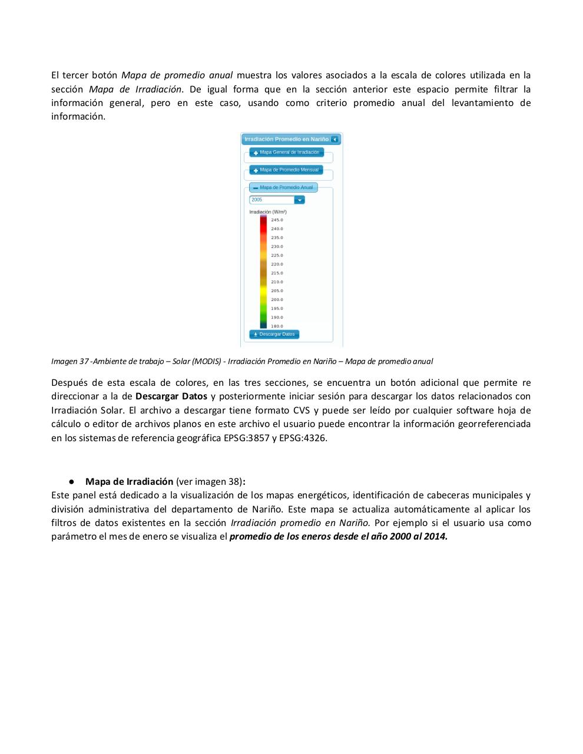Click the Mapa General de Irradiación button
[286, 153]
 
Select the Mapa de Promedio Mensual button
[286, 170]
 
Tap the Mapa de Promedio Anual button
[283, 188]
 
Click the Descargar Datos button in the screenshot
[274, 335]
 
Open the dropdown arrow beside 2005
[299, 200]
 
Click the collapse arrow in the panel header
[334, 140]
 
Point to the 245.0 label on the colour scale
[277, 220]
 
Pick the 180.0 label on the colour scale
[277, 326]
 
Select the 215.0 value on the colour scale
[277, 273]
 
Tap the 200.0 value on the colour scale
[277, 300]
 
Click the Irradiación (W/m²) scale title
[268, 212]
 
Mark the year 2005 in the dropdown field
[257, 200]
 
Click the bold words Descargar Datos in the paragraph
[171, 396]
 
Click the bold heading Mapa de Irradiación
[130, 482]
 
